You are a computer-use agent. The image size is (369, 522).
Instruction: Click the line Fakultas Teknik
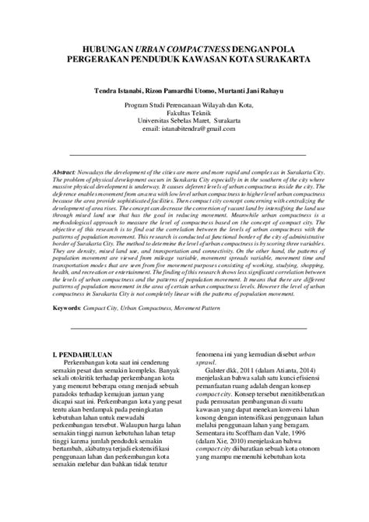point(184,113)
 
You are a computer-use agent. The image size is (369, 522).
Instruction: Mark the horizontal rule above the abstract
point(184,155)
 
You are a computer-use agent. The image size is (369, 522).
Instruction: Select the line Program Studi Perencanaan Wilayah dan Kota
point(184,104)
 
